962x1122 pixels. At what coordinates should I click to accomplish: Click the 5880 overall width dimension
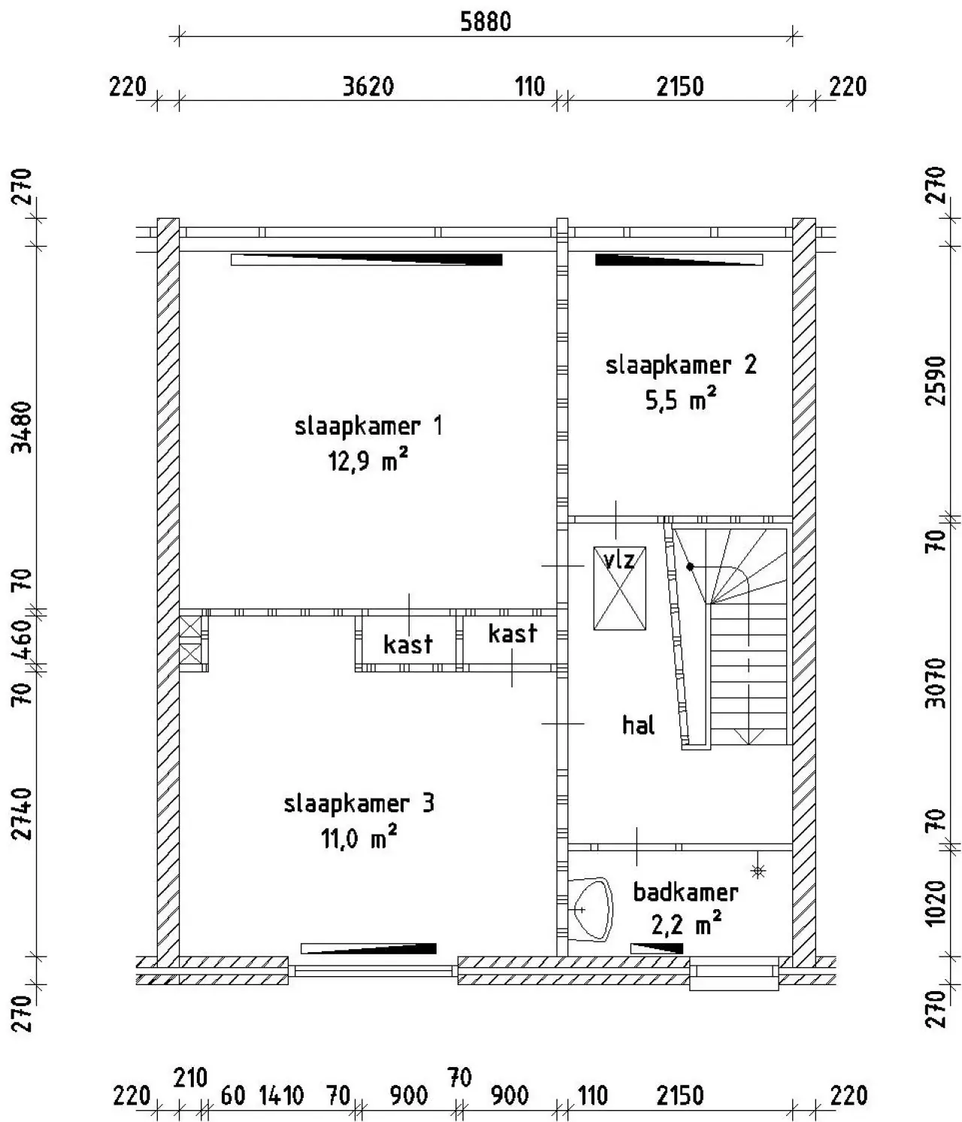(x=485, y=23)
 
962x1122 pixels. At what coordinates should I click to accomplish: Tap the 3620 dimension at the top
(x=368, y=86)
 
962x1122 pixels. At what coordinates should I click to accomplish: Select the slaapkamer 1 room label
(x=368, y=426)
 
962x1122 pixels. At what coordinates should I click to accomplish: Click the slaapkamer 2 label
(x=680, y=365)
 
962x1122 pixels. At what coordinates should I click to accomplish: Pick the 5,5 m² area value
(x=680, y=399)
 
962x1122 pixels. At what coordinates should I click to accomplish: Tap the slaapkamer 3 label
(x=358, y=804)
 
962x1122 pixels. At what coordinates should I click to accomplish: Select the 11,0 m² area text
(x=358, y=838)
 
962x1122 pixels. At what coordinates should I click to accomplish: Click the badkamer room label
(x=685, y=893)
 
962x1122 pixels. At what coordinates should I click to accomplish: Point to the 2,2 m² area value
(x=686, y=925)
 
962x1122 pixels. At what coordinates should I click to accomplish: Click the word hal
(x=638, y=725)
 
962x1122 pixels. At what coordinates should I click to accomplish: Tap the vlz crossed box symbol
(x=619, y=588)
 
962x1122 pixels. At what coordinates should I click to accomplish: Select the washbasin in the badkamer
(x=590, y=908)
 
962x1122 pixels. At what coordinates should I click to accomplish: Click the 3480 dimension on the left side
(x=23, y=426)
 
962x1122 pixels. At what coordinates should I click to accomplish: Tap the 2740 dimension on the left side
(x=23, y=814)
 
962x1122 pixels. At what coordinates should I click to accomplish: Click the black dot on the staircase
(x=690, y=567)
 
